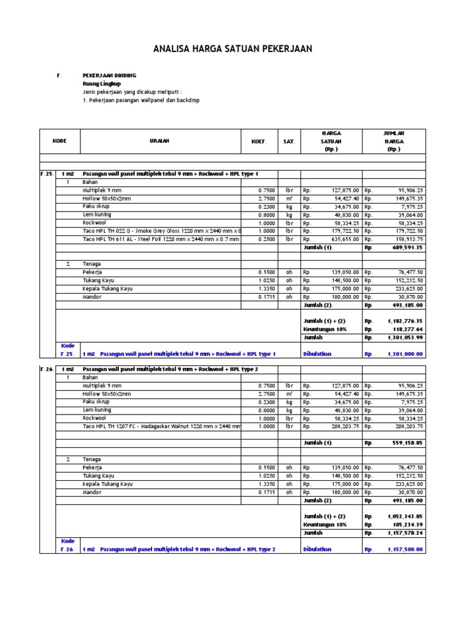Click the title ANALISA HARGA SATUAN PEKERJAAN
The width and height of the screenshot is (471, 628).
point(235,48)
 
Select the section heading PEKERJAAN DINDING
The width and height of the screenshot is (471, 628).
point(109,75)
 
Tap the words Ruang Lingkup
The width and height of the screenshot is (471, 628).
point(102,83)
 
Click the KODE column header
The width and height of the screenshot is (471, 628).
point(59,141)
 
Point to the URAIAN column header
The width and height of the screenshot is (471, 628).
point(159,141)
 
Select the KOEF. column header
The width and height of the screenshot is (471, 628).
point(259,141)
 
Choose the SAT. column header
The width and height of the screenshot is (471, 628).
point(289,141)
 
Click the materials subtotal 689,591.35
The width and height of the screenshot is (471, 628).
point(404,248)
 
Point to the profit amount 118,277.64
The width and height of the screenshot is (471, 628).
point(405,329)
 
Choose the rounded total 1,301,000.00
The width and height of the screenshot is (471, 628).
point(405,354)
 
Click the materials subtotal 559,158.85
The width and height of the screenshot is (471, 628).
point(404,443)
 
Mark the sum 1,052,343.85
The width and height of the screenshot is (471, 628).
point(405,516)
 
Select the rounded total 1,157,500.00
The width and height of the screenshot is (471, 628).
point(405,549)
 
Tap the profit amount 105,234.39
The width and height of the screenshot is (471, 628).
point(405,525)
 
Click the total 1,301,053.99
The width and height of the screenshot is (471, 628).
point(405,338)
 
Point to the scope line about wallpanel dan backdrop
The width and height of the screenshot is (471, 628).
point(141,100)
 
